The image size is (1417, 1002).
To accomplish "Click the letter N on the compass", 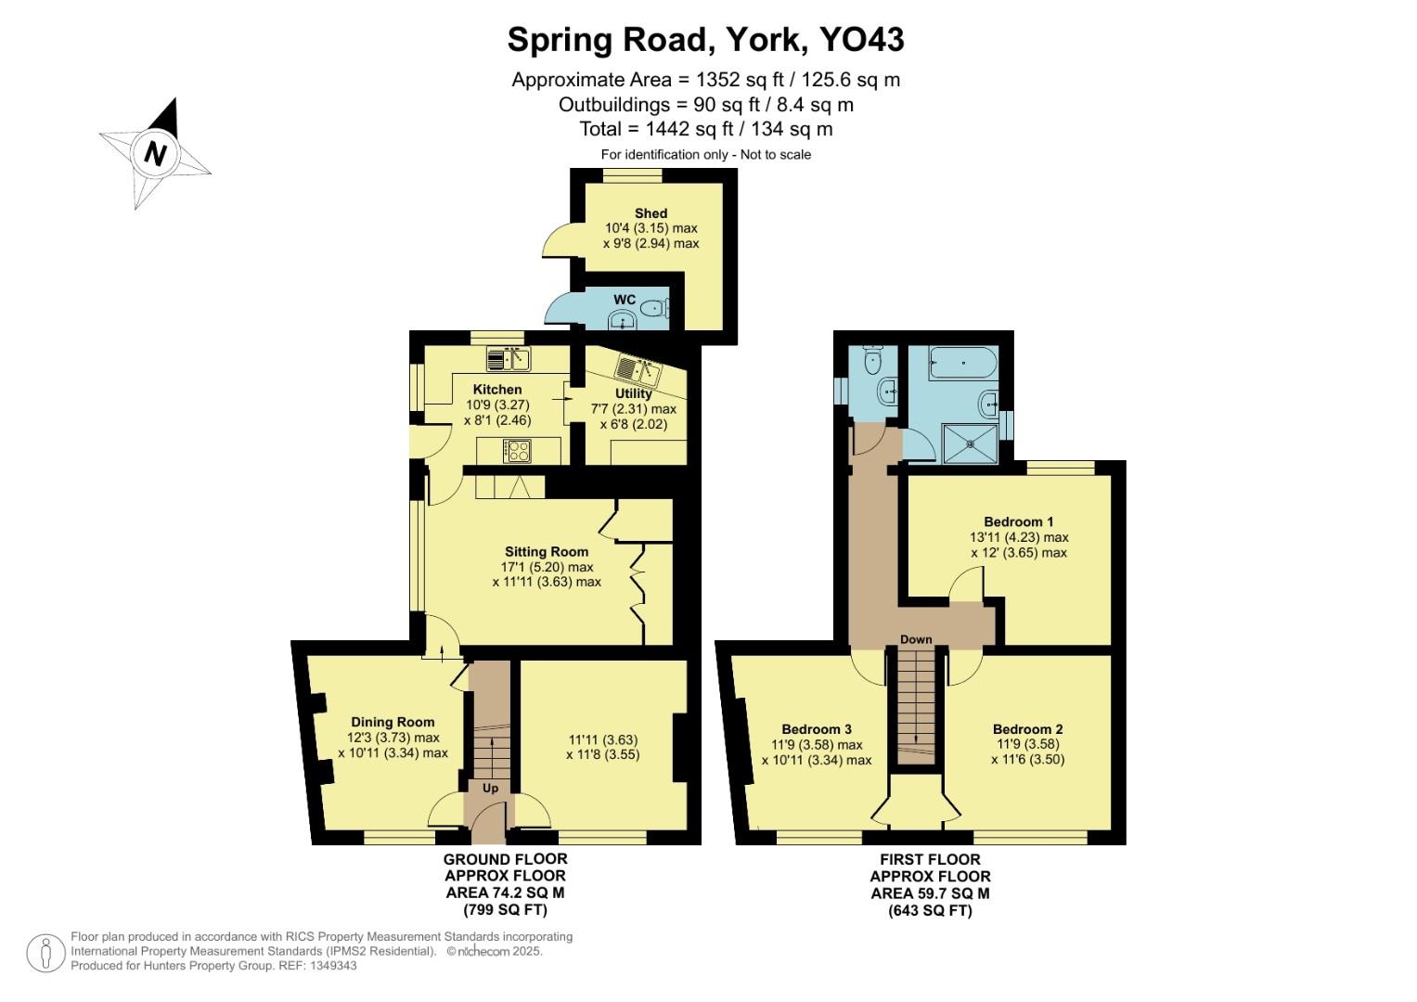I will (x=155, y=153).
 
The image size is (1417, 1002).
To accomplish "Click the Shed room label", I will (x=651, y=213).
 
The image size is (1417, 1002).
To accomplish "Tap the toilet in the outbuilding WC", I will (x=656, y=308).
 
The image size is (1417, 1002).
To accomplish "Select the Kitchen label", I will (x=497, y=390).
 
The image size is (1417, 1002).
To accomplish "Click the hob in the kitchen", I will (x=517, y=451).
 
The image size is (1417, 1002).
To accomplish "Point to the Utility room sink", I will (x=639, y=371).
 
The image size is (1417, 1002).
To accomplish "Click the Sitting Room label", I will (x=547, y=552).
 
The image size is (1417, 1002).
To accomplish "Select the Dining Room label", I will (x=393, y=722).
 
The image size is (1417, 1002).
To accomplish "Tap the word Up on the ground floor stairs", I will (x=490, y=788).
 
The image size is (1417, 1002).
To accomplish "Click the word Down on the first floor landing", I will (x=916, y=639).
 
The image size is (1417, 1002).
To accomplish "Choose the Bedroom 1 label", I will (x=1018, y=521).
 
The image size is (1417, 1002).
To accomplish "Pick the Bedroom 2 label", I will (x=1027, y=729).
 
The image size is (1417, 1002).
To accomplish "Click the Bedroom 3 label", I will (x=817, y=729).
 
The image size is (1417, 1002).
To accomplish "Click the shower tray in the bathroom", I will (x=971, y=443).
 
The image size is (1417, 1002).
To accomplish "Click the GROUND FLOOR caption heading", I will (x=505, y=859).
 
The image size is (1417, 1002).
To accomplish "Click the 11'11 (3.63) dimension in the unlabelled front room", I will (x=602, y=739).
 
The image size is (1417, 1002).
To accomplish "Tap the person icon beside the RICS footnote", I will (x=45, y=953).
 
